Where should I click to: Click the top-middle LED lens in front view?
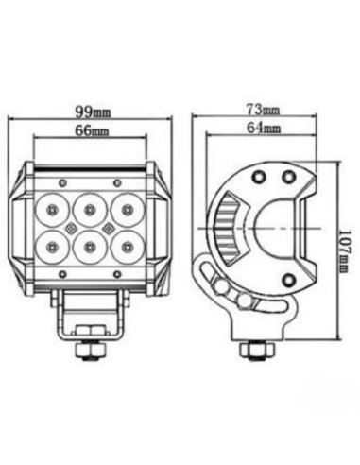coord(89,205)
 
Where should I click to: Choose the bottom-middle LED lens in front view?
coord(89,247)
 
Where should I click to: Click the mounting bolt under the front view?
coord(88,349)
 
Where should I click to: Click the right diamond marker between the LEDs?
coord(107,227)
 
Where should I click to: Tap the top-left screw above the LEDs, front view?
coord(61,181)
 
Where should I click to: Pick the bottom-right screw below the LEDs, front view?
coord(117,273)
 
